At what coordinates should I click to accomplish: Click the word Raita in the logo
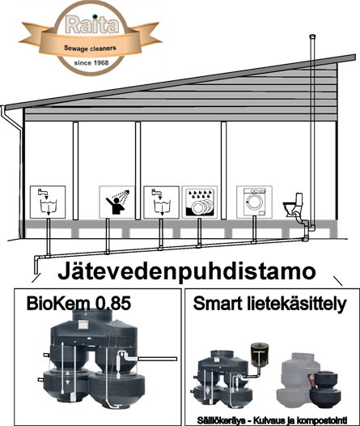(x=92, y=25)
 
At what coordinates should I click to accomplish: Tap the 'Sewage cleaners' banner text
(x=90, y=49)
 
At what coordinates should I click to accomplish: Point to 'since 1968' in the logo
(x=91, y=63)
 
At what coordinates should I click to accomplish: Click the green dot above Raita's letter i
(x=95, y=16)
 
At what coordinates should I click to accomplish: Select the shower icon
(x=117, y=202)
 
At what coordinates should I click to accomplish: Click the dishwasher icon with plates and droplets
(x=200, y=202)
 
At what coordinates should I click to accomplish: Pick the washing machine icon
(x=254, y=202)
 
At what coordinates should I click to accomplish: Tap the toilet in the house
(x=293, y=205)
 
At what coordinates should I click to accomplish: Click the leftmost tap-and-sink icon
(x=48, y=202)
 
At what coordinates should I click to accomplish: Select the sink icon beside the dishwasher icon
(x=162, y=202)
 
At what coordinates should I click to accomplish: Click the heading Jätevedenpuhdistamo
(x=187, y=271)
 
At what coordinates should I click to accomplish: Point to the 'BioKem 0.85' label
(x=78, y=303)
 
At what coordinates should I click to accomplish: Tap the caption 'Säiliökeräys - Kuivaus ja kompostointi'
(x=272, y=420)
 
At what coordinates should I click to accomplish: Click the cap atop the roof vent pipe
(x=312, y=36)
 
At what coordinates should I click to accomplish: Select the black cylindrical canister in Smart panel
(x=260, y=354)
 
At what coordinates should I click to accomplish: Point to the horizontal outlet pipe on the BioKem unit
(x=157, y=359)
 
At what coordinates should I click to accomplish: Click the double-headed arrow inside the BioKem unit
(x=67, y=377)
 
